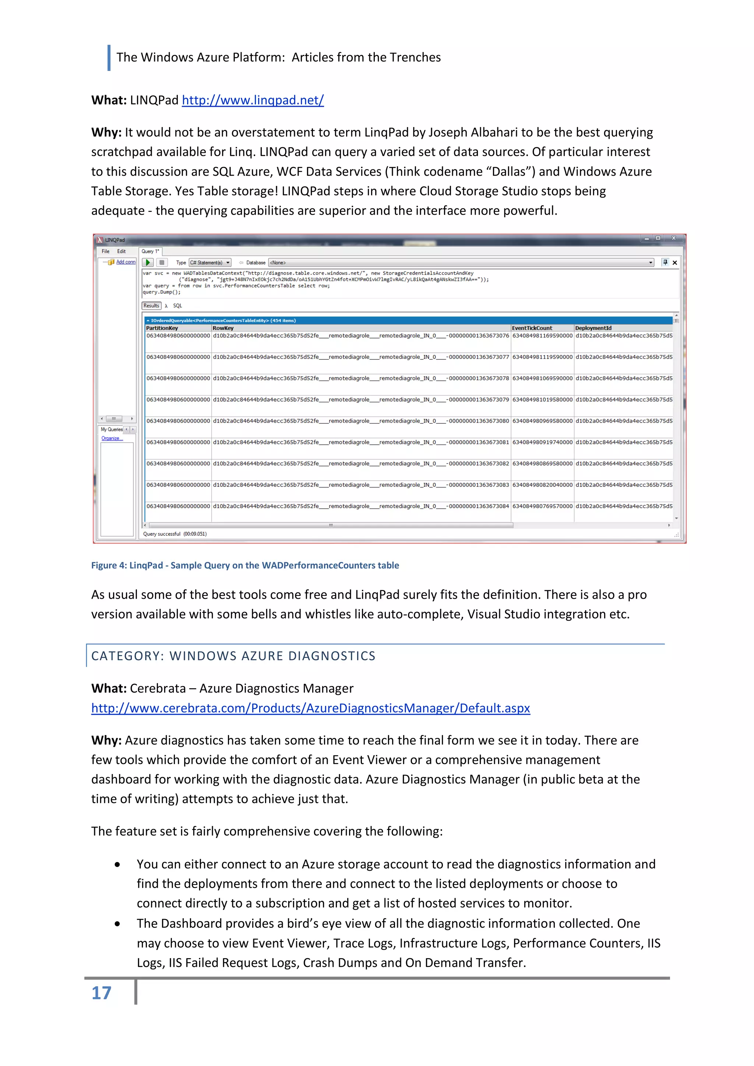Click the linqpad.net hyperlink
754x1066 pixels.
click(x=253, y=100)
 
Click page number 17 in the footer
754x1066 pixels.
click(x=101, y=993)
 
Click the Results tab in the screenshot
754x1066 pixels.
click(x=151, y=306)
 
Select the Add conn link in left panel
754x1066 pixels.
click(x=125, y=262)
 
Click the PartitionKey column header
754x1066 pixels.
click(x=162, y=328)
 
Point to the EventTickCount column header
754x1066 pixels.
click(x=532, y=328)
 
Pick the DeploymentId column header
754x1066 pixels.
click(x=593, y=328)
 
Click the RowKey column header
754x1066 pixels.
click(x=223, y=328)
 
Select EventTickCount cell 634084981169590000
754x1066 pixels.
click(x=542, y=336)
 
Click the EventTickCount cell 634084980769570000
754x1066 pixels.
click(x=542, y=506)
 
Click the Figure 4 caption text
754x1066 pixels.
click(x=245, y=565)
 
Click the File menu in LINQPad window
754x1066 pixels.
click(x=105, y=251)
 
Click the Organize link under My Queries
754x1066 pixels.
click(x=112, y=438)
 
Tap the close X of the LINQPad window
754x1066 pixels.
click(x=673, y=238)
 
